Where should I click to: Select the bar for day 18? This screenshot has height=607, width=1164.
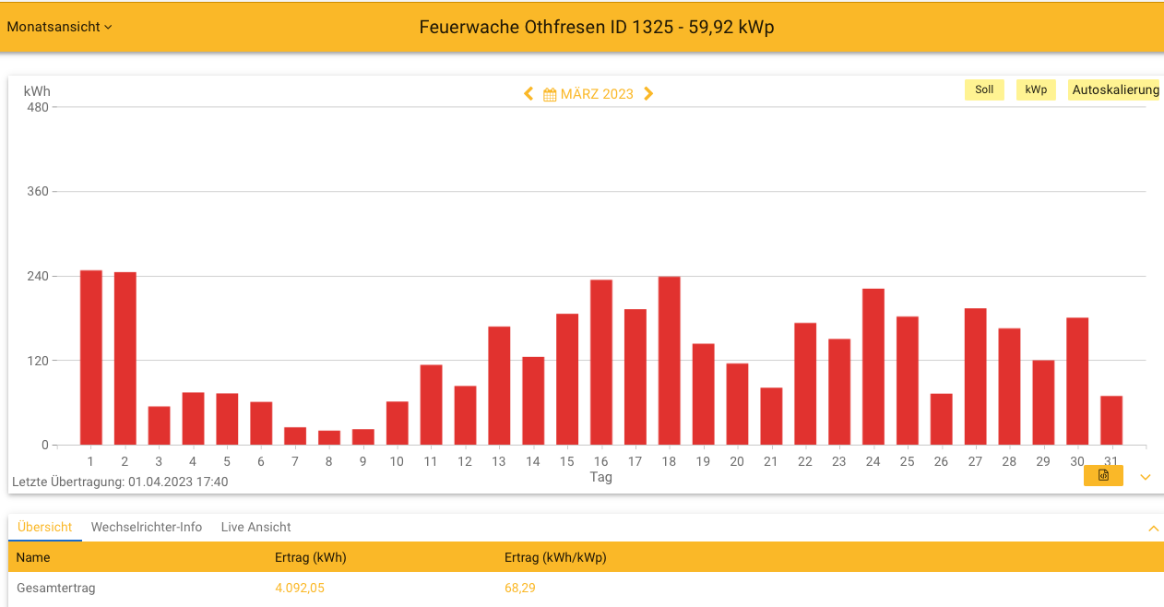[x=669, y=361]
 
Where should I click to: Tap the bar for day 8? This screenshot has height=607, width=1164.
[x=329, y=438]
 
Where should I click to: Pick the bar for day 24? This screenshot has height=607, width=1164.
[x=873, y=367]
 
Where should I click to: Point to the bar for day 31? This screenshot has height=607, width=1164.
[x=1111, y=421]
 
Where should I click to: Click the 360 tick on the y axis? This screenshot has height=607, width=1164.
[x=37, y=192]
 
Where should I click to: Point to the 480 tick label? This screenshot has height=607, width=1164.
[x=37, y=107]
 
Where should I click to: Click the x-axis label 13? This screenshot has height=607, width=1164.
[x=499, y=461]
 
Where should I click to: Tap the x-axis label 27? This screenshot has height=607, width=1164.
[x=975, y=461]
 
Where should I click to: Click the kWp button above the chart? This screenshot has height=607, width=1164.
[x=1036, y=89]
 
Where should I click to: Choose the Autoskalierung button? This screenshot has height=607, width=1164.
[x=1115, y=89]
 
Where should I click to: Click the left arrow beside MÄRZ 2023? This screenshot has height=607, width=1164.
[x=529, y=94]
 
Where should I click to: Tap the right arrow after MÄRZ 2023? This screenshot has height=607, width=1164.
[x=648, y=94]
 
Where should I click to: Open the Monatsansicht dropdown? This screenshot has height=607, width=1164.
[x=59, y=27]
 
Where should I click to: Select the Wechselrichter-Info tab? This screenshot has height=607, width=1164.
[x=147, y=528]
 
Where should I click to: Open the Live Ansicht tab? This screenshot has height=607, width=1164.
[x=255, y=528]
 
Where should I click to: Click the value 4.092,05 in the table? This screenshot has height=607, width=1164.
[x=300, y=588]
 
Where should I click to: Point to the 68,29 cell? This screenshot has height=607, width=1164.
[x=520, y=588]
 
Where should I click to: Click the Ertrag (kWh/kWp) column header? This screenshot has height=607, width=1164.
[x=555, y=557]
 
